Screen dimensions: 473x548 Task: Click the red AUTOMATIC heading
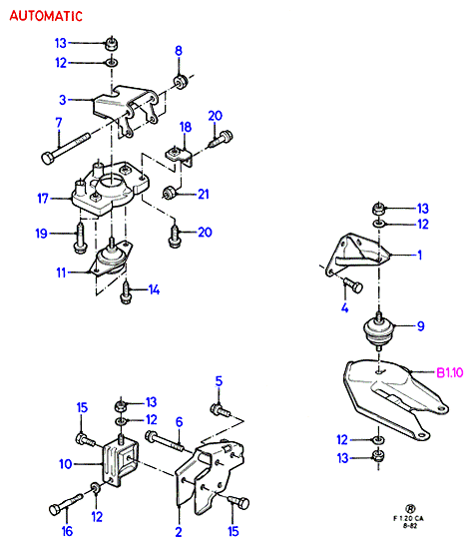pyautogui.click(x=46, y=16)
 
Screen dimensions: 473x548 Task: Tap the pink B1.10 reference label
pyautogui.click(x=450, y=373)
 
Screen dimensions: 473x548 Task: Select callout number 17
pyautogui.click(x=43, y=199)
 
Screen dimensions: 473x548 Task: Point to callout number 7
pyautogui.click(x=59, y=123)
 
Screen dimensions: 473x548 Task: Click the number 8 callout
pyautogui.click(x=179, y=51)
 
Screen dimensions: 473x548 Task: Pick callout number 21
pyautogui.click(x=204, y=194)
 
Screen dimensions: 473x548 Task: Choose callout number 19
pyautogui.click(x=41, y=234)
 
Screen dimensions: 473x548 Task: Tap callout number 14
pyautogui.click(x=154, y=289)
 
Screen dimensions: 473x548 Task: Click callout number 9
pyautogui.click(x=421, y=326)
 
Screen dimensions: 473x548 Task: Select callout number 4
pyautogui.click(x=345, y=307)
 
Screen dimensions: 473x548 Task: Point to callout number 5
pyautogui.click(x=219, y=381)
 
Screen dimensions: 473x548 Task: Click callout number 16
pyautogui.click(x=67, y=531)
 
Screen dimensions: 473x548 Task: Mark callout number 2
pyautogui.click(x=179, y=532)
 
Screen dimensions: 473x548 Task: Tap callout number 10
pyautogui.click(x=65, y=464)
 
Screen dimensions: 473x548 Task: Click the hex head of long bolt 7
pyautogui.click(x=48, y=158)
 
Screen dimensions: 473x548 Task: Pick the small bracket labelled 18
pyautogui.click(x=179, y=157)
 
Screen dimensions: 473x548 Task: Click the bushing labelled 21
pyautogui.click(x=170, y=193)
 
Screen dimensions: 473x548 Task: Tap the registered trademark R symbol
pyautogui.click(x=410, y=508)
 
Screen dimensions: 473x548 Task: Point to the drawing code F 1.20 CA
pyautogui.click(x=408, y=518)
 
